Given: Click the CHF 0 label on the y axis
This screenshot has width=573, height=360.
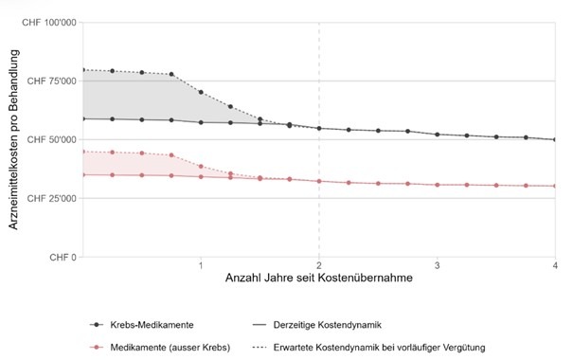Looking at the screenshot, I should [x=63, y=257].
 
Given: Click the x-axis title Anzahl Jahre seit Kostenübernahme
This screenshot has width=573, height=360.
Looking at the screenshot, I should [x=317, y=280].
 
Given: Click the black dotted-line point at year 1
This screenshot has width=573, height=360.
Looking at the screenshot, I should [x=201, y=92].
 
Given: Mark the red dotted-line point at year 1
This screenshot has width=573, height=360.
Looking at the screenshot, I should [x=201, y=166].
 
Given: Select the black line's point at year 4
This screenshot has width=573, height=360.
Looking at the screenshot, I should [x=555, y=139].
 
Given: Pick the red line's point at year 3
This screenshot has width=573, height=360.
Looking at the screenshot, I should [x=438, y=185].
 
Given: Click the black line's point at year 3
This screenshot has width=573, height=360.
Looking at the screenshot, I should [x=438, y=135].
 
